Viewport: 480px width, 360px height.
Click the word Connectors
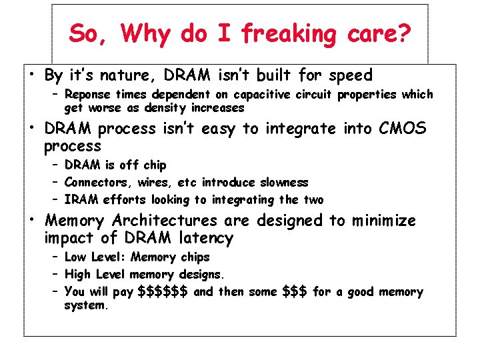93,182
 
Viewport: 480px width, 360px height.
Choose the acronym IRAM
79,199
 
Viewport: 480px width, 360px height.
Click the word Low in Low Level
75,257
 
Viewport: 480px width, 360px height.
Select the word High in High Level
78,274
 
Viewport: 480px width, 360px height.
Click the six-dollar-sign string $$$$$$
163,291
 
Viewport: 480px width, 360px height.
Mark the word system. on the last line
85,305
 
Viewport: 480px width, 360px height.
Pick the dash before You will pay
55,291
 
